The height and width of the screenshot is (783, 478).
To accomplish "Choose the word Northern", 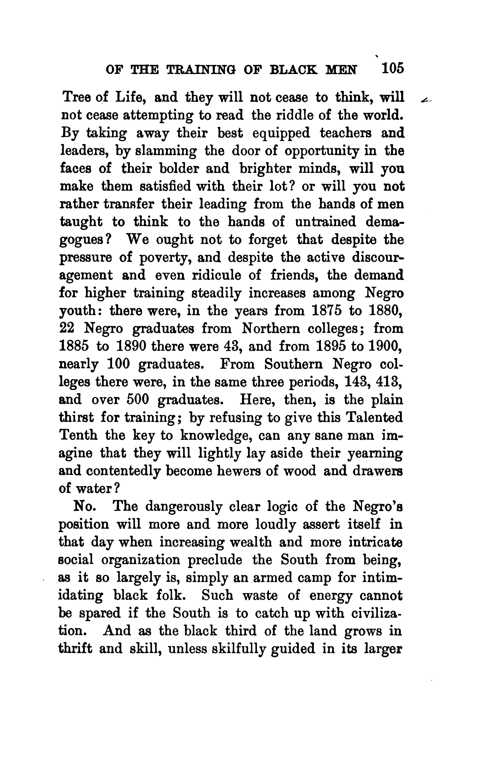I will [271, 328].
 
